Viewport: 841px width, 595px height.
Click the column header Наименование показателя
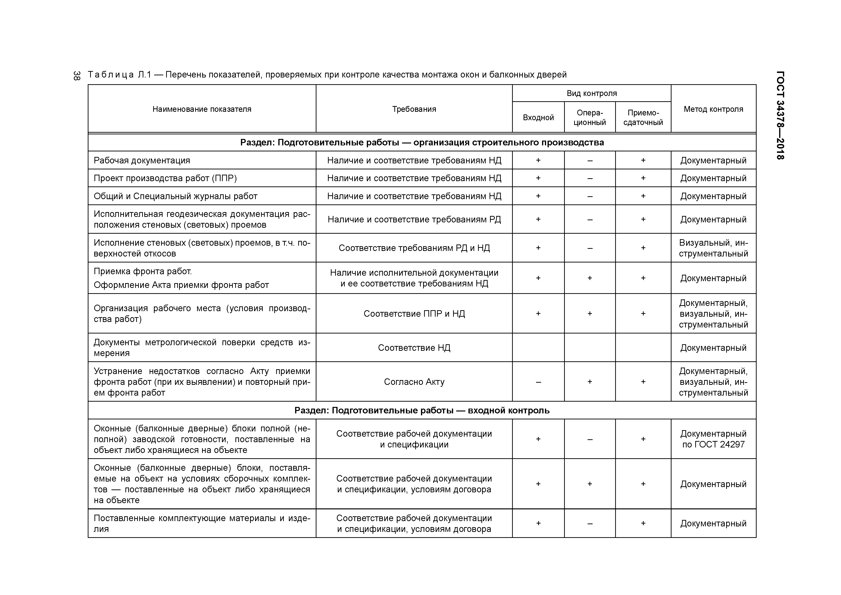[x=202, y=109]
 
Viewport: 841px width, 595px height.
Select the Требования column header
[x=414, y=109]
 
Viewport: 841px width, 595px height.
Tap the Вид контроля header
[x=592, y=93]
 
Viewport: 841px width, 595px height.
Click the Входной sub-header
[x=538, y=117]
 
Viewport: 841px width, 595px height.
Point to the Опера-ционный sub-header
[x=590, y=117]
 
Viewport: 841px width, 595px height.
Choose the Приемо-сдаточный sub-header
[x=643, y=117]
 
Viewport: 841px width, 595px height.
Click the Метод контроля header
[x=713, y=109]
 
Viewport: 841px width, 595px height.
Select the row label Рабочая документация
[x=142, y=160]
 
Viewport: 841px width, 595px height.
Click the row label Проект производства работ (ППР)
[x=165, y=178]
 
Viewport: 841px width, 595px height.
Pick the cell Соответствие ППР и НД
[x=414, y=313]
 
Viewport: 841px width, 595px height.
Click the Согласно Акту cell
[x=414, y=382]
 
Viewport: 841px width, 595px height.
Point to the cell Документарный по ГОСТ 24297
[x=713, y=439]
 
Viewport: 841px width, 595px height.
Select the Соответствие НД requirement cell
[x=414, y=348]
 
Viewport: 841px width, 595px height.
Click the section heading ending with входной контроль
[x=422, y=410]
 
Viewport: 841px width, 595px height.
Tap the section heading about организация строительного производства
[x=422, y=142]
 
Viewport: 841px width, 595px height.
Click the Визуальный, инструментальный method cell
[x=713, y=248]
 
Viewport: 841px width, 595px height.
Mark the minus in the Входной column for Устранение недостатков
[x=538, y=382]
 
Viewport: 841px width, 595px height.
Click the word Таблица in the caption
[x=111, y=75]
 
